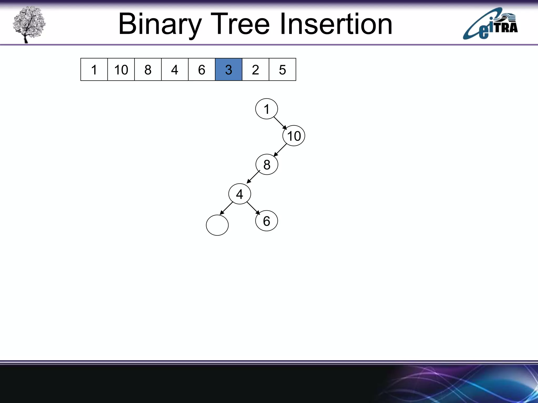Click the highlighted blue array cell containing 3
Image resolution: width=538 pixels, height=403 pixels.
pos(229,70)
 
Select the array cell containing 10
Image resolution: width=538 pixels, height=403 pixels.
pos(121,70)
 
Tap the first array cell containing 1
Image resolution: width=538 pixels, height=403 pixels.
pos(94,70)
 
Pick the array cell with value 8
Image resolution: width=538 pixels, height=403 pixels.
pos(148,70)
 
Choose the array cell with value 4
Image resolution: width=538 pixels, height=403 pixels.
pos(175,70)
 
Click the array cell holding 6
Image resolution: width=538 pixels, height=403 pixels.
pos(201,70)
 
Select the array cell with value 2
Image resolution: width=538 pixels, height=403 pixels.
pos(255,70)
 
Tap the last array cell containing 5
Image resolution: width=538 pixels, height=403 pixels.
pos(282,70)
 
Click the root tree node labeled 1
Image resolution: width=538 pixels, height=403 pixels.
pos(266,109)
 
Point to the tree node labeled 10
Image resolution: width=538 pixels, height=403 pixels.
pos(294,136)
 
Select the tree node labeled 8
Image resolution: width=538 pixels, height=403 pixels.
pos(267,165)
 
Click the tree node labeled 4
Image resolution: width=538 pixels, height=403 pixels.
pos(240,194)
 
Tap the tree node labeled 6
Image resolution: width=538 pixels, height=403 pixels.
pos(266,221)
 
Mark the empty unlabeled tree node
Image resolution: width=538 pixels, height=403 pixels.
pos(217,225)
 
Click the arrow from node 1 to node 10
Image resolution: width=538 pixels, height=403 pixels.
pos(280,123)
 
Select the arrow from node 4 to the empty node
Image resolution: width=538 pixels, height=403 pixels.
pos(226,208)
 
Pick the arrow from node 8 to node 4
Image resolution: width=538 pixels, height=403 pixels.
pos(253,177)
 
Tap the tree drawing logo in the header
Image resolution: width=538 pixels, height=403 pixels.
pos(29,24)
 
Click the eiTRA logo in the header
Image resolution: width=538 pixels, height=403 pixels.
pos(490,24)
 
